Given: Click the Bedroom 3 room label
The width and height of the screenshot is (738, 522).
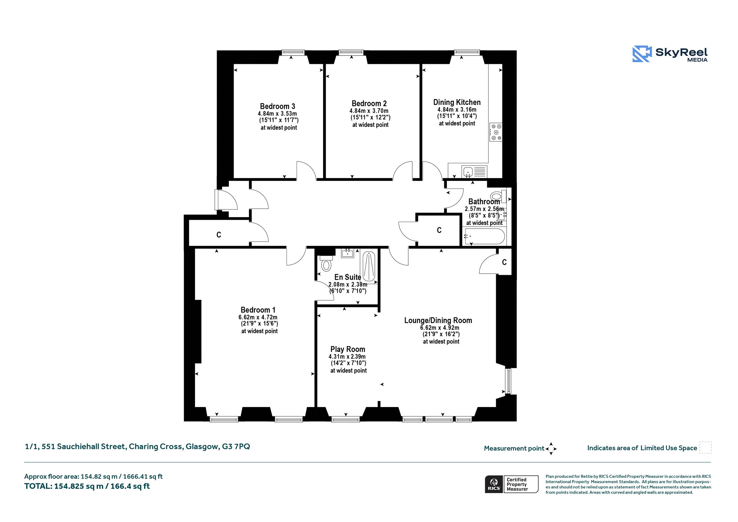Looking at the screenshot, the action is pyautogui.click(x=277, y=106).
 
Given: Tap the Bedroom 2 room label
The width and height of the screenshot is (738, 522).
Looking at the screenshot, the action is pyautogui.click(x=369, y=103).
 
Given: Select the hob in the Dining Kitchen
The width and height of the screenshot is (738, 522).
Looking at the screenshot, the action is pyautogui.click(x=496, y=132).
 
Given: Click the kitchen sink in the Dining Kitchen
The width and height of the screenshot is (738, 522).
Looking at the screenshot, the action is pyautogui.click(x=468, y=172).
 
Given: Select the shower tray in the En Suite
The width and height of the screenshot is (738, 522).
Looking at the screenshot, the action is pyautogui.click(x=369, y=267).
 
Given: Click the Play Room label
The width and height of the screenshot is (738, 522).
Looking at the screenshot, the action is pyautogui.click(x=348, y=349).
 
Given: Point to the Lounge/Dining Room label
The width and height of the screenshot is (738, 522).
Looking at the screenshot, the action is pyautogui.click(x=438, y=320).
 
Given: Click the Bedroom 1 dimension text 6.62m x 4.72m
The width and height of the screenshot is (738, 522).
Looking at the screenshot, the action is pyautogui.click(x=258, y=317).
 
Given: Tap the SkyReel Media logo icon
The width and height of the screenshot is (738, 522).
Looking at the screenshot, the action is pyautogui.click(x=642, y=54).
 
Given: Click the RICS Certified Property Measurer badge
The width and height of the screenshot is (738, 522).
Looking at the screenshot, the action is pyautogui.click(x=512, y=484).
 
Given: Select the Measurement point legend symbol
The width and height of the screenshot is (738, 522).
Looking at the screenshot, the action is pyautogui.click(x=551, y=449).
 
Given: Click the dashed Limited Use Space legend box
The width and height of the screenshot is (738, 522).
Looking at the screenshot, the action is pyautogui.click(x=705, y=448).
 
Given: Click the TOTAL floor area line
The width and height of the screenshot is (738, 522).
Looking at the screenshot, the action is pyautogui.click(x=87, y=486).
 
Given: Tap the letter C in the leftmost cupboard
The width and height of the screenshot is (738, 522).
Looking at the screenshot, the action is pyautogui.click(x=219, y=235).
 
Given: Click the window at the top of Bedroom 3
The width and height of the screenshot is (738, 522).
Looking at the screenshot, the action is pyautogui.click(x=293, y=52).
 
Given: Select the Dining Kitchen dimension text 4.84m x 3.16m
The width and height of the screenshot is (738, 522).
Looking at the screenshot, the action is pyautogui.click(x=457, y=110).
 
